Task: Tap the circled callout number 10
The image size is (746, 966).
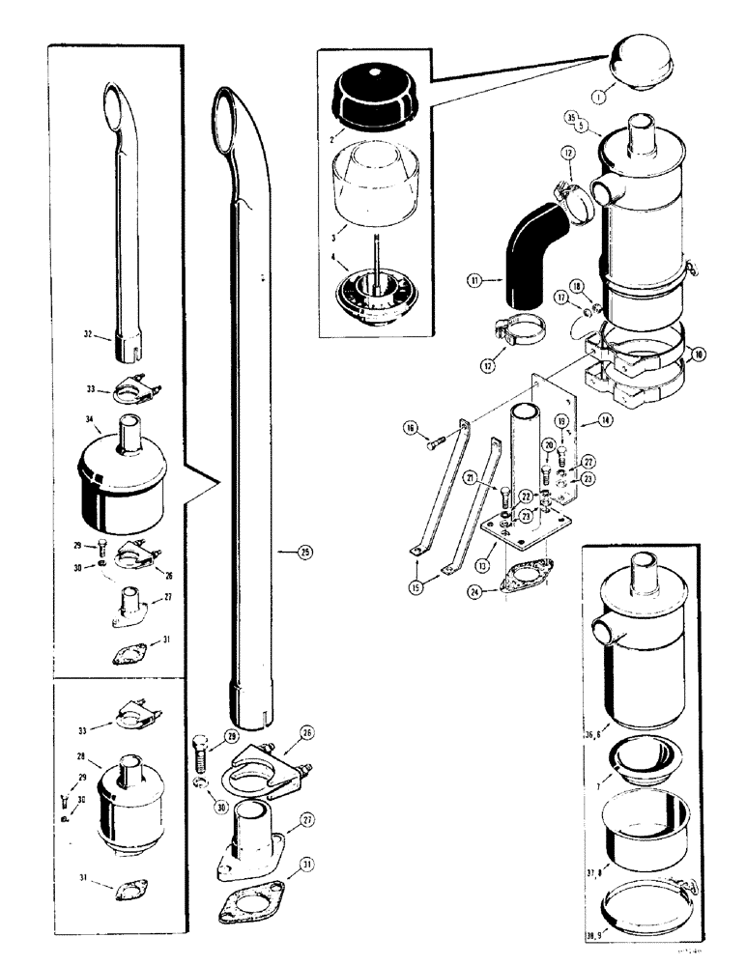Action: click(699, 355)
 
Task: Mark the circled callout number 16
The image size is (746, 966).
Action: click(411, 427)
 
